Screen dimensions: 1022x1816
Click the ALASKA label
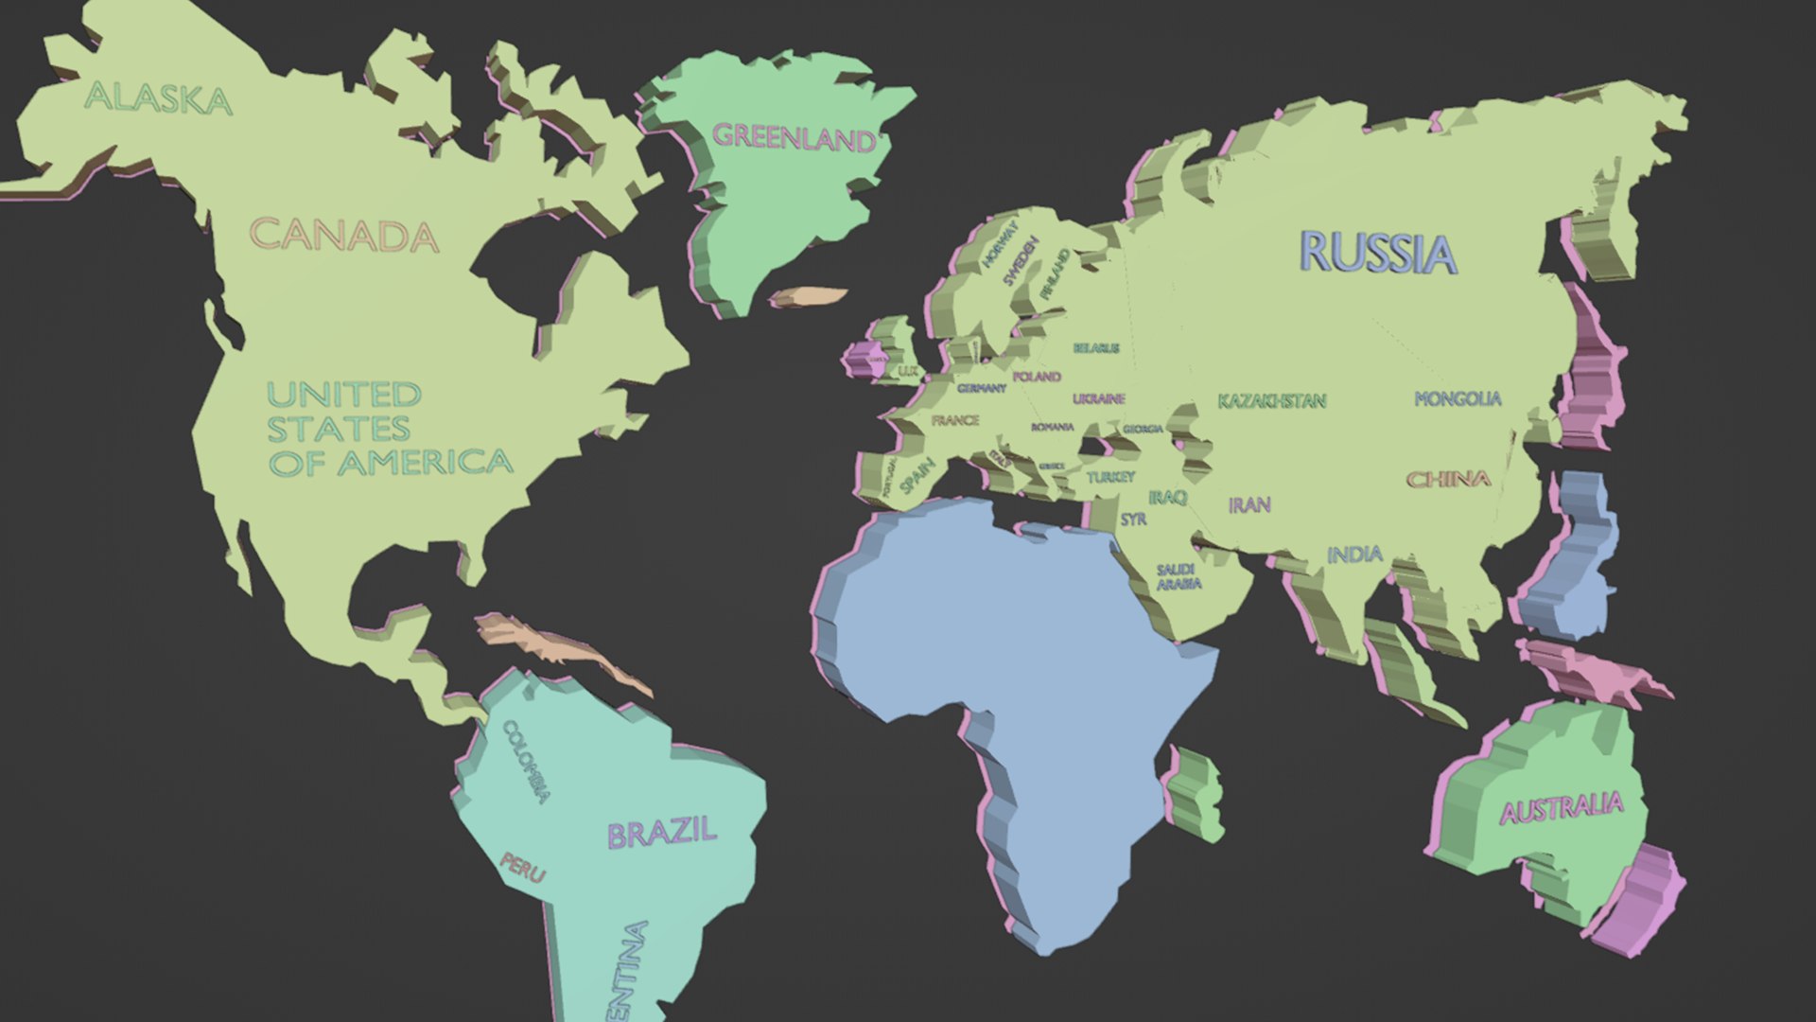point(158,98)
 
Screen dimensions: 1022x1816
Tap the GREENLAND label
point(794,138)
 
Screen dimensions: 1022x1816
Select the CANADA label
point(344,236)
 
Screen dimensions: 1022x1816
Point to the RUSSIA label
point(1378,253)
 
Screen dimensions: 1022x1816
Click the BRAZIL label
point(661,834)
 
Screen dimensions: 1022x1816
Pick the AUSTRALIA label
point(1562,809)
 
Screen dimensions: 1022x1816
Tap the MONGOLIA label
point(1458,399)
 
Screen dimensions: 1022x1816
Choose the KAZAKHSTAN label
point(1271,401)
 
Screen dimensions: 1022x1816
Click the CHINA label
point(1448,480)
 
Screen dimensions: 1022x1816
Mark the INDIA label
point(1354,555)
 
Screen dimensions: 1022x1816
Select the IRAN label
point(1249,505)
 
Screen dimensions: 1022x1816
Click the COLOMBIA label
point(526,761)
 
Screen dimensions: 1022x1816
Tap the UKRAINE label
point(1099,398)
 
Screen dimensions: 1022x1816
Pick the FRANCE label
point(955,420)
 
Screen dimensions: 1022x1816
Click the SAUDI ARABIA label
point(1178,577)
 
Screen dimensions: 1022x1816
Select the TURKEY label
point(1110,477)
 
